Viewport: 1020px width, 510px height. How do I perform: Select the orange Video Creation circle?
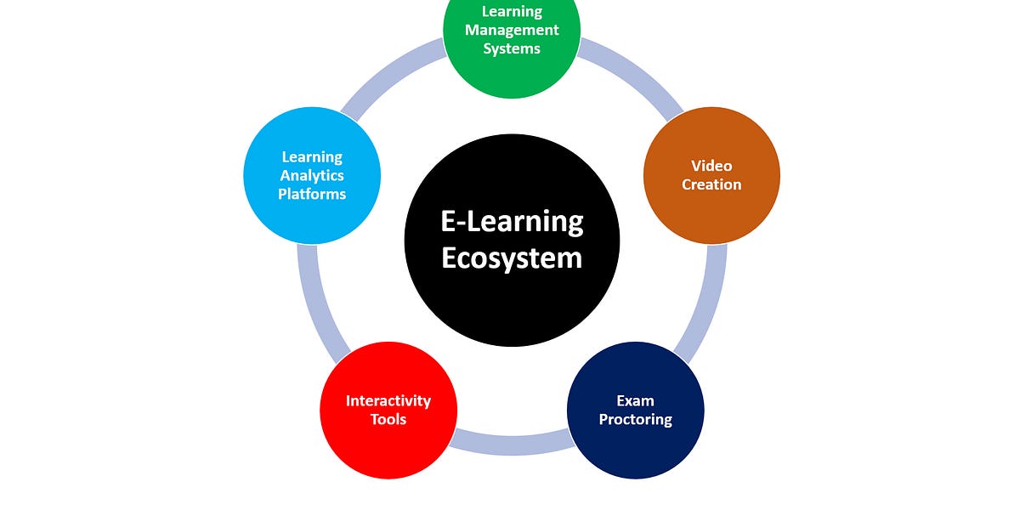(x=711, y=175)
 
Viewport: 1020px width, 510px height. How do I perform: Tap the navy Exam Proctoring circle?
(x=635, y=410)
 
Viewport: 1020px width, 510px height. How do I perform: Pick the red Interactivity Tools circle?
(x=388, y=410)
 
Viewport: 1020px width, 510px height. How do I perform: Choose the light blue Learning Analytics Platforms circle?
(x=312, y=175)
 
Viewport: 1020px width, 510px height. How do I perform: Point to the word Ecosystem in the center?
(x=512, y=257)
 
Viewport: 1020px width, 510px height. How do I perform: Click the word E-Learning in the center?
(x=512, y=222)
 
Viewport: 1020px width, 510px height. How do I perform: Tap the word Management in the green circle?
(x=512, y=30)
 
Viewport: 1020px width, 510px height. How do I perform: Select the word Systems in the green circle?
(x=512, y=48)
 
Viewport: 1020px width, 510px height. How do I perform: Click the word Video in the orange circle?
(x=711, y=166)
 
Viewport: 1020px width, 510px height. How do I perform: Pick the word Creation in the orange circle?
(x=711, y=184)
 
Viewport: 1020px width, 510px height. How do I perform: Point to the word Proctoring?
(x=635, y=419)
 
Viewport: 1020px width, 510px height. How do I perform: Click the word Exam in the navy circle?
(x=635, y=400)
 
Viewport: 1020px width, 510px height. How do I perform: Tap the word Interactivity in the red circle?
(x=388, y=400)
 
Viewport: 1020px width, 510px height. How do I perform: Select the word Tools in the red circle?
(x=388, y=419)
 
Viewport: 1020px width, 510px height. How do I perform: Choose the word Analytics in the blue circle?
(x=312, y=175)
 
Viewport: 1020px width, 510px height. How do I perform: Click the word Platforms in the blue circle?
(x=312, y=194)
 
